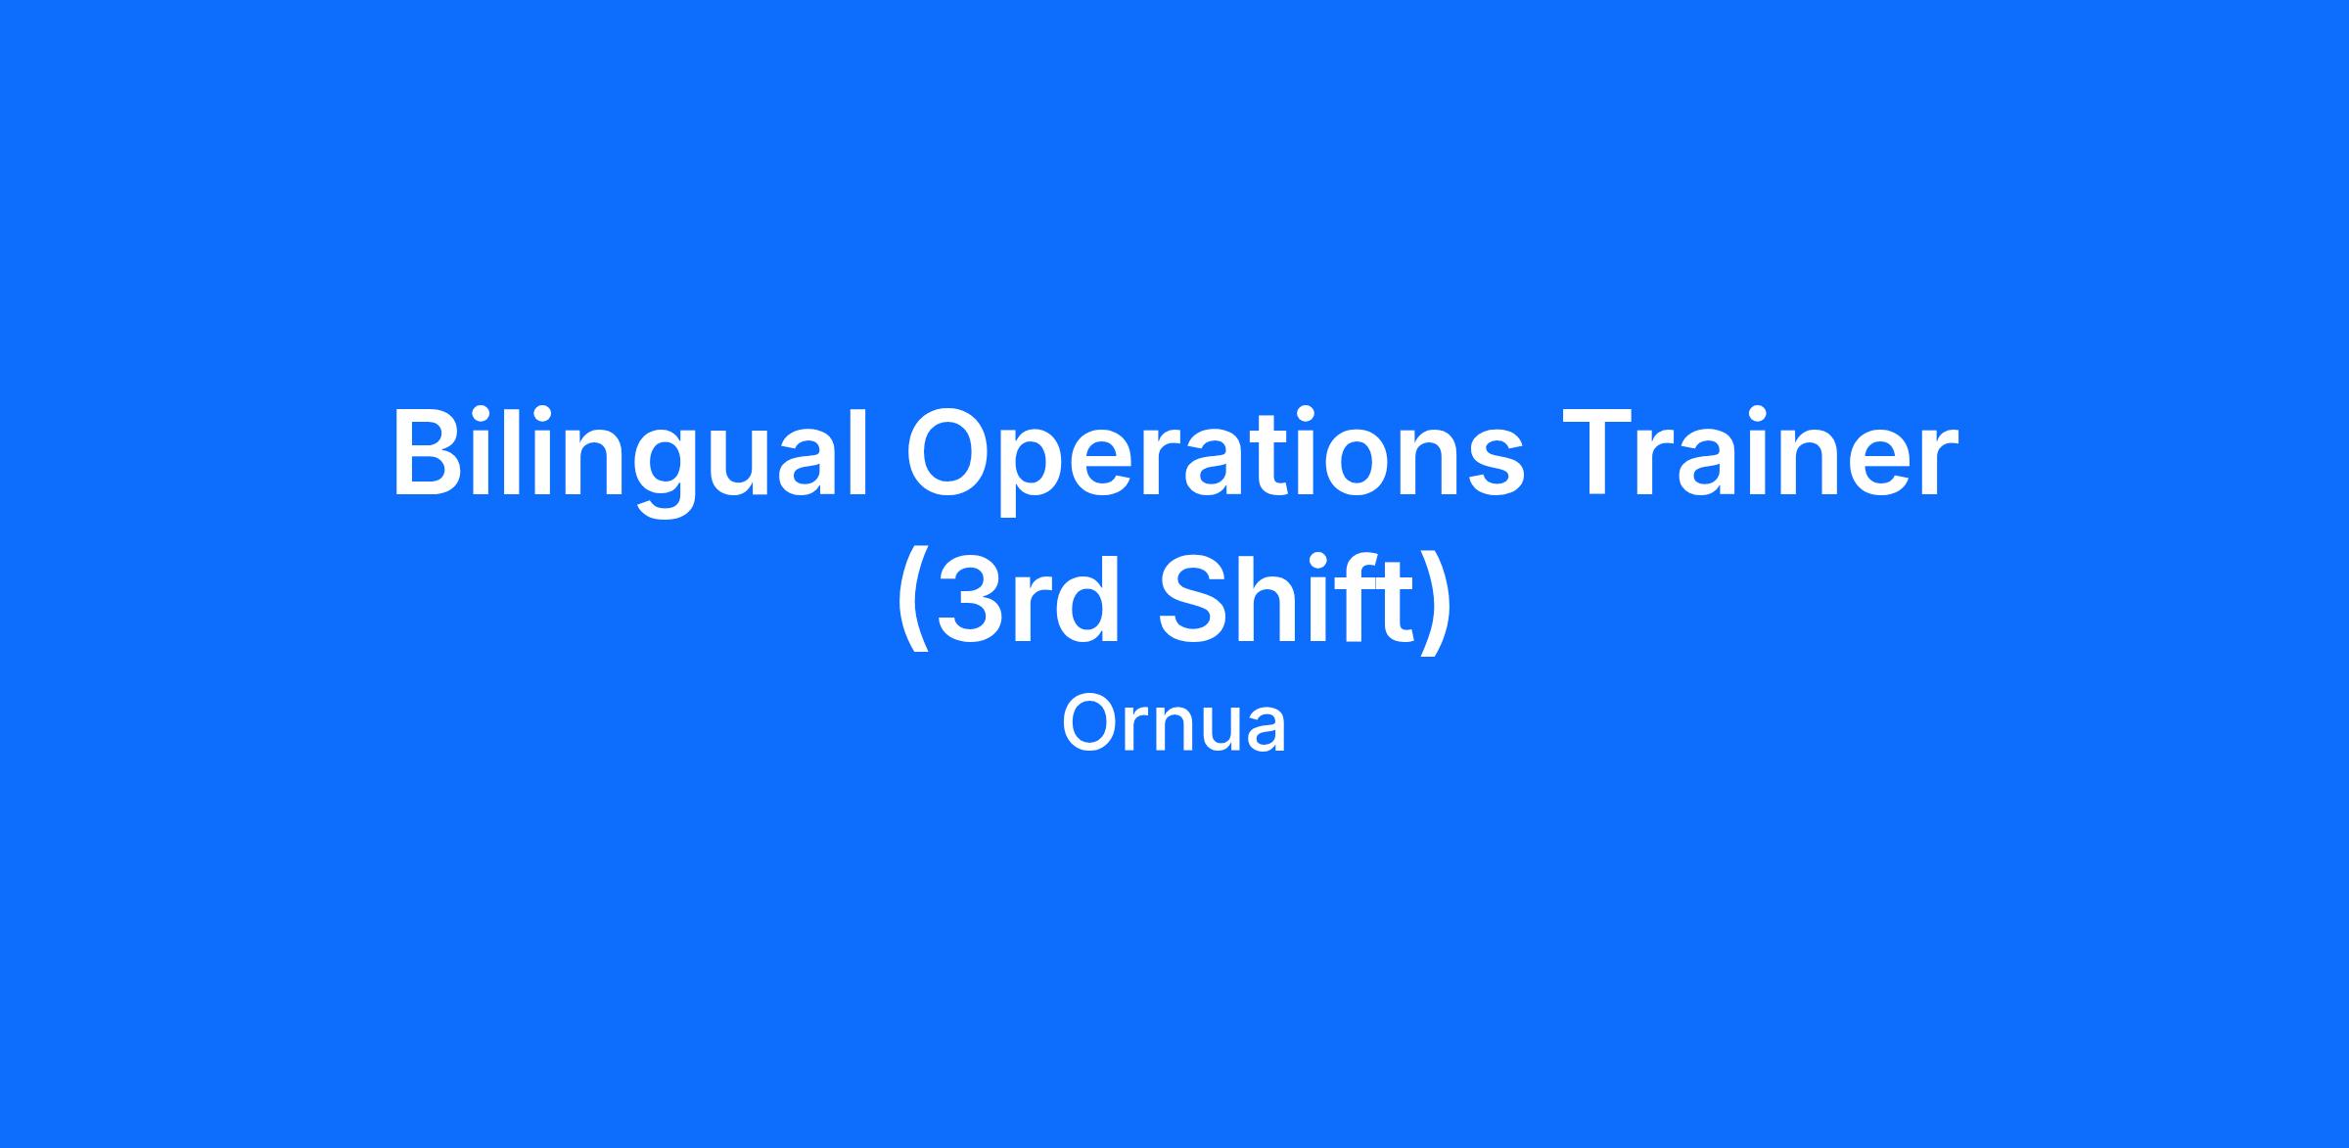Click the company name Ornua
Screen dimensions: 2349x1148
coord(1174,724)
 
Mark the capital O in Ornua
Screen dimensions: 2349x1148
coord(1089,724)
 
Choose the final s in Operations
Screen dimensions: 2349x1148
coord(1494,466)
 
